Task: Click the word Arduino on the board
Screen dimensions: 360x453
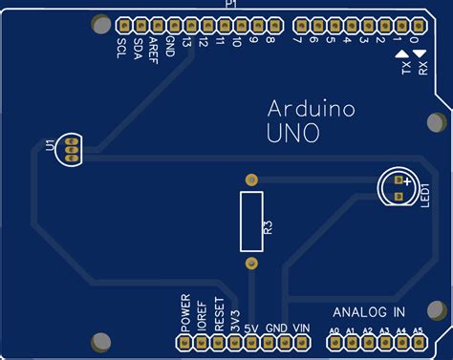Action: [311, 109]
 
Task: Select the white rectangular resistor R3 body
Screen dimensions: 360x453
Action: [251, 221]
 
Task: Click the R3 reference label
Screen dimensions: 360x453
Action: [269, 227]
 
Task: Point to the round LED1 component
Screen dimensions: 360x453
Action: [396, 185]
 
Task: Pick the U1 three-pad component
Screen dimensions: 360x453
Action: [69, 149]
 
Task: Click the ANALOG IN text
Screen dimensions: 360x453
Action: [369, 312]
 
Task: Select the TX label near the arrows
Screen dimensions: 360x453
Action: [405, 69]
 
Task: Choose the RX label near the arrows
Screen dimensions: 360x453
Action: [421, 69]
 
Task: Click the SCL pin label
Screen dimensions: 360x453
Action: [121, 49]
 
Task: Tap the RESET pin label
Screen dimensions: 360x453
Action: [219, 314]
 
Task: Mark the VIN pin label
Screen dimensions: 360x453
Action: [301, 328]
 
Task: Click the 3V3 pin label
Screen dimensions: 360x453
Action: [235, 318]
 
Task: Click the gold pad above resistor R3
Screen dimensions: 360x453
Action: [251, 180]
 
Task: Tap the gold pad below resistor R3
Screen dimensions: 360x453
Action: [251, 263]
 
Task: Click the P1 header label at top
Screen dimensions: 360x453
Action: [229, 6]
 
